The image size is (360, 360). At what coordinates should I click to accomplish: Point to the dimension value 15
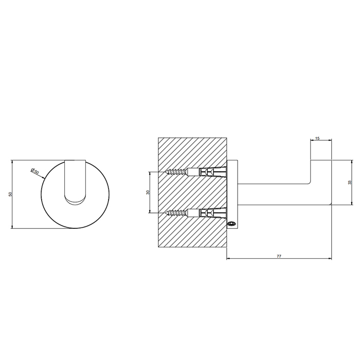click(x=317, y=138)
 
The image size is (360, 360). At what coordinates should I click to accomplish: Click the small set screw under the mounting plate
click(x=231, y=223)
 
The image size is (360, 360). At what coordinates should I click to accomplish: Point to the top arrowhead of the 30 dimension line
click(x=150, y=173)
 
